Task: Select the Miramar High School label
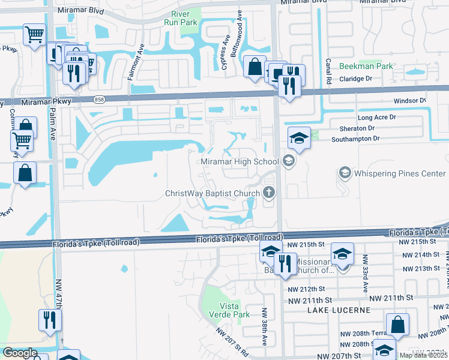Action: pos(240,161)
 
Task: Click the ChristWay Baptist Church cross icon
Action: pos(269,193)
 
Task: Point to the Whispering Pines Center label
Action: pos(399,173)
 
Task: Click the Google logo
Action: pos(20,353)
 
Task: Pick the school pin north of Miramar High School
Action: pos(299,139)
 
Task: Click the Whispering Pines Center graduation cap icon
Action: pos(345,173)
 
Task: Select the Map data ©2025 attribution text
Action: pos(424,355)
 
